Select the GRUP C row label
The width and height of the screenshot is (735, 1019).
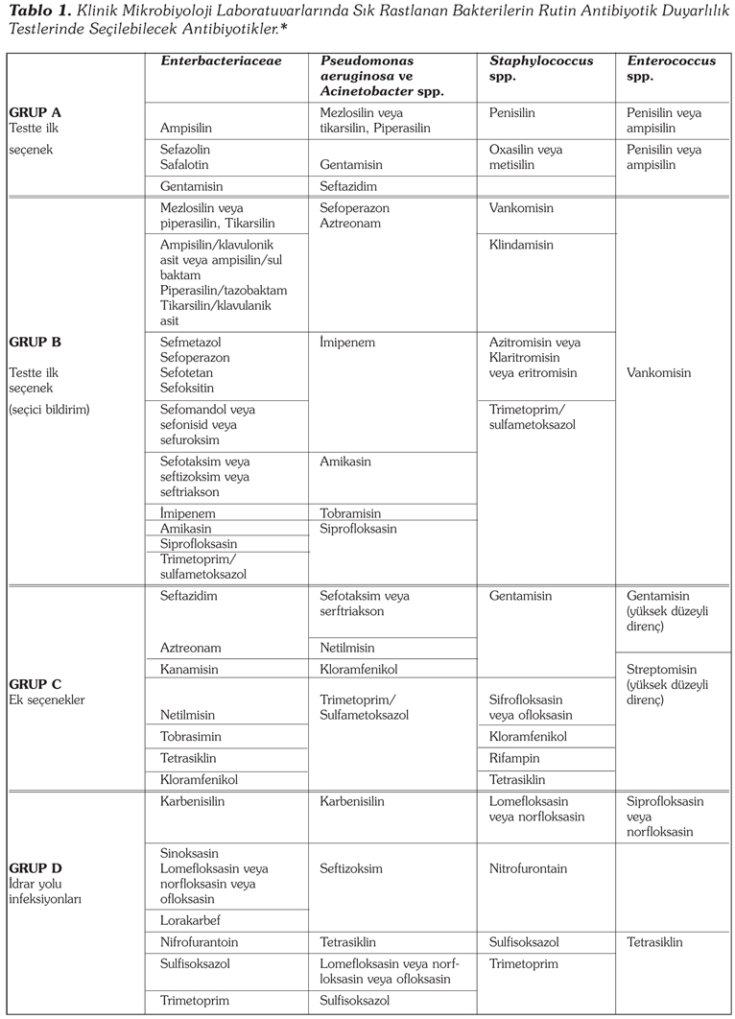pyautogui.click(x=35, y=684)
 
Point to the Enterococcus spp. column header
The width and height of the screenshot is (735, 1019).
pyautogui.click(x=671, y=68)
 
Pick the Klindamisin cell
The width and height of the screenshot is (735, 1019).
pyautogui.click(x=521, y=246)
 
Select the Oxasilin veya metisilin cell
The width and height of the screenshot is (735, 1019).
pyautogui.click(x=525, y=157)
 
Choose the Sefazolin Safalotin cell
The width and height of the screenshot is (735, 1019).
pyautogui.click(x=186, y=157)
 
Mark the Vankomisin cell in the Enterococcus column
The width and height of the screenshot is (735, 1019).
pyautogui.click(x=658, y=372)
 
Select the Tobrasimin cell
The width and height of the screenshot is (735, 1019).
pyautogui.click(x=191, y=736)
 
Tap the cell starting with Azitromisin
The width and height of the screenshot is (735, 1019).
pyautogui.click(x=534, y=357)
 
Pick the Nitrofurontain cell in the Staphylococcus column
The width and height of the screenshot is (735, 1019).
pyautogui.click(x=528, y=868)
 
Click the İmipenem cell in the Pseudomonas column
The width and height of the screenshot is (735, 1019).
pyautogui.click(x=347, y=342)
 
